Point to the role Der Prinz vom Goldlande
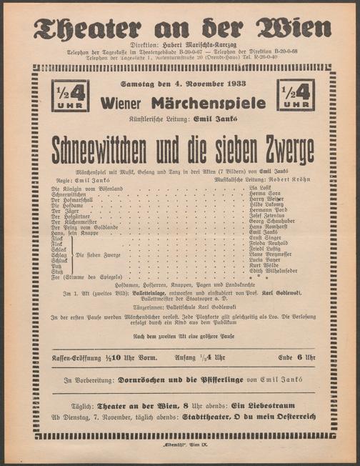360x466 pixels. point(81,227)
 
